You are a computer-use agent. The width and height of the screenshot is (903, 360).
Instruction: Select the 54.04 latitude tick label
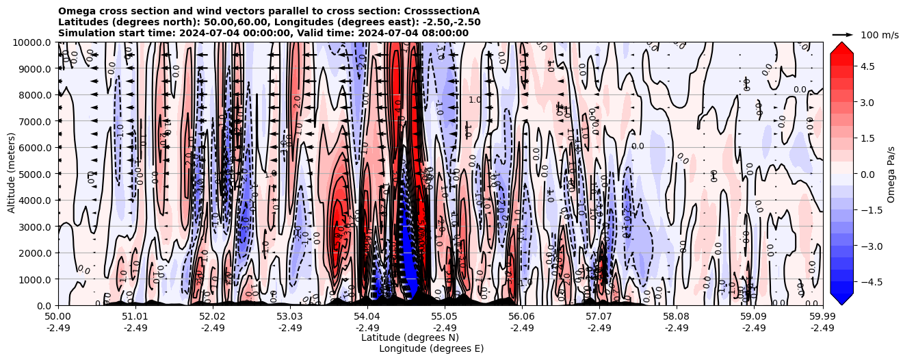[x=367, y=317]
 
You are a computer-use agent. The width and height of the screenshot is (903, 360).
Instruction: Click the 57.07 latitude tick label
[x=599, y=317]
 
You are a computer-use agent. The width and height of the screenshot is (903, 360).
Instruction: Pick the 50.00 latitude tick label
[x=58, y=317]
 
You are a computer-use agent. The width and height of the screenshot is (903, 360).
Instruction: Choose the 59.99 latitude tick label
[x=822, y=317]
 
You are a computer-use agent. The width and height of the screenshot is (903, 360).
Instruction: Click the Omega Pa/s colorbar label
[x=891, y=174]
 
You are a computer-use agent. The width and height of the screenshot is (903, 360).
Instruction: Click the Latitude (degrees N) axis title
[x=410, y=337]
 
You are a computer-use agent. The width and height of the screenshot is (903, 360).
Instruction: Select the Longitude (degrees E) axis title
[x=431, y=348]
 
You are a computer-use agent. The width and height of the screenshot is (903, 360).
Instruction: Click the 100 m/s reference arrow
[x=843, y=34]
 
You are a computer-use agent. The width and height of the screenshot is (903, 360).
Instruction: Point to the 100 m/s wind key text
[x=879, y=35]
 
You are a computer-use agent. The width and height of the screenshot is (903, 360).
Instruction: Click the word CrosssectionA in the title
[x=442, y=11]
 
